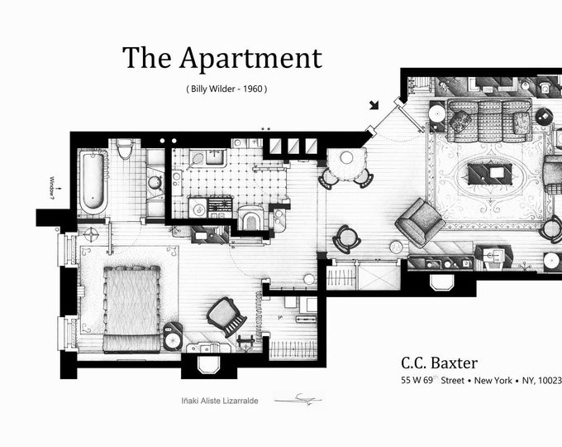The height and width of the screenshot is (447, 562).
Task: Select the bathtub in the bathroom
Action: [92, 180]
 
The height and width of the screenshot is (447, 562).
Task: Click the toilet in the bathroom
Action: [125, 149]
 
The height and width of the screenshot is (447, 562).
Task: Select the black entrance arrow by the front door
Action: [375, 104]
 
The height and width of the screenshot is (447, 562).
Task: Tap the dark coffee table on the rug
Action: [489, 174]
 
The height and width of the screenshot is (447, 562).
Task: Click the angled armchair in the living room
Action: [421, 222]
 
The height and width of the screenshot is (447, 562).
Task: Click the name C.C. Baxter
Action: [439, 363]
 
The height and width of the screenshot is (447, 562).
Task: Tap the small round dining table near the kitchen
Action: [346, 157]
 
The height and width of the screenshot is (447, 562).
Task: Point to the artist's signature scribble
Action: [298, 399]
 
